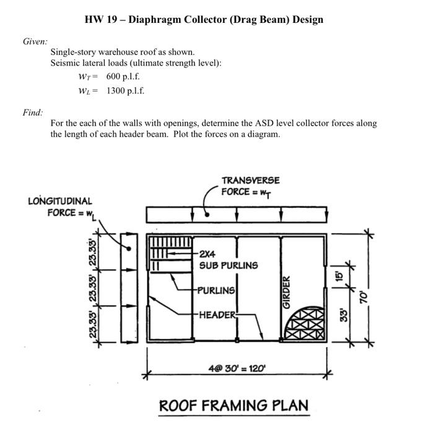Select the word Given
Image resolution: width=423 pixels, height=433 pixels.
point(36,41)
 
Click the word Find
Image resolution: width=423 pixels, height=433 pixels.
point(34,113)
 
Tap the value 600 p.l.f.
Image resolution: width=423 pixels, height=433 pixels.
point(123,77)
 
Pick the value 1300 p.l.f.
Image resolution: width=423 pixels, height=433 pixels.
point(125,91)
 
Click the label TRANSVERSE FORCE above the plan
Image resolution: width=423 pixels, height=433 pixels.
point(250,185)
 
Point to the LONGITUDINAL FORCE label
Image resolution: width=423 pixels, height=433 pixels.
point(61,207)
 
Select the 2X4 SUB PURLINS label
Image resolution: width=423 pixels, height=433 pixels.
point(228,260)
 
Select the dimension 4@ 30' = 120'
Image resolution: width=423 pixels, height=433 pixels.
point(237,369)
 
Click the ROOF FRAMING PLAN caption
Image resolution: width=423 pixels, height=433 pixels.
point(233,406)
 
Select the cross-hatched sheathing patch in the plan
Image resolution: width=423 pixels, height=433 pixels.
point(304,322)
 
